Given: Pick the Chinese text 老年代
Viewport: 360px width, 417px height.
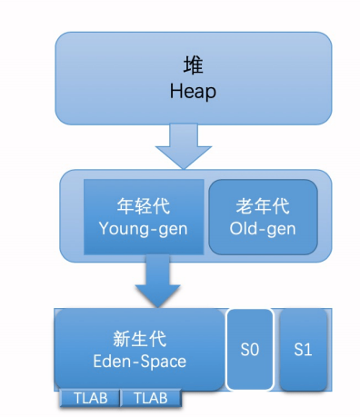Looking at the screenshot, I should tap(263, 207).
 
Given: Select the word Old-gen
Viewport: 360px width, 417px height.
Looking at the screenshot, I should tap(263, 229).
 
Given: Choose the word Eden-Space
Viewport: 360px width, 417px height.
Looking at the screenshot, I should tap(138, 362).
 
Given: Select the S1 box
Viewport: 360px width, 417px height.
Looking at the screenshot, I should tap(304, 350).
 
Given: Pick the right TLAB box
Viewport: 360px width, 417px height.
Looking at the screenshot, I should tap(150, 398).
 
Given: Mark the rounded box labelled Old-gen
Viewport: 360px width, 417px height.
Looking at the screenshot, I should tap(263, 218).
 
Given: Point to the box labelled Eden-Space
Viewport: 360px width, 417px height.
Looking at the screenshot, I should tap(138, 350).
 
